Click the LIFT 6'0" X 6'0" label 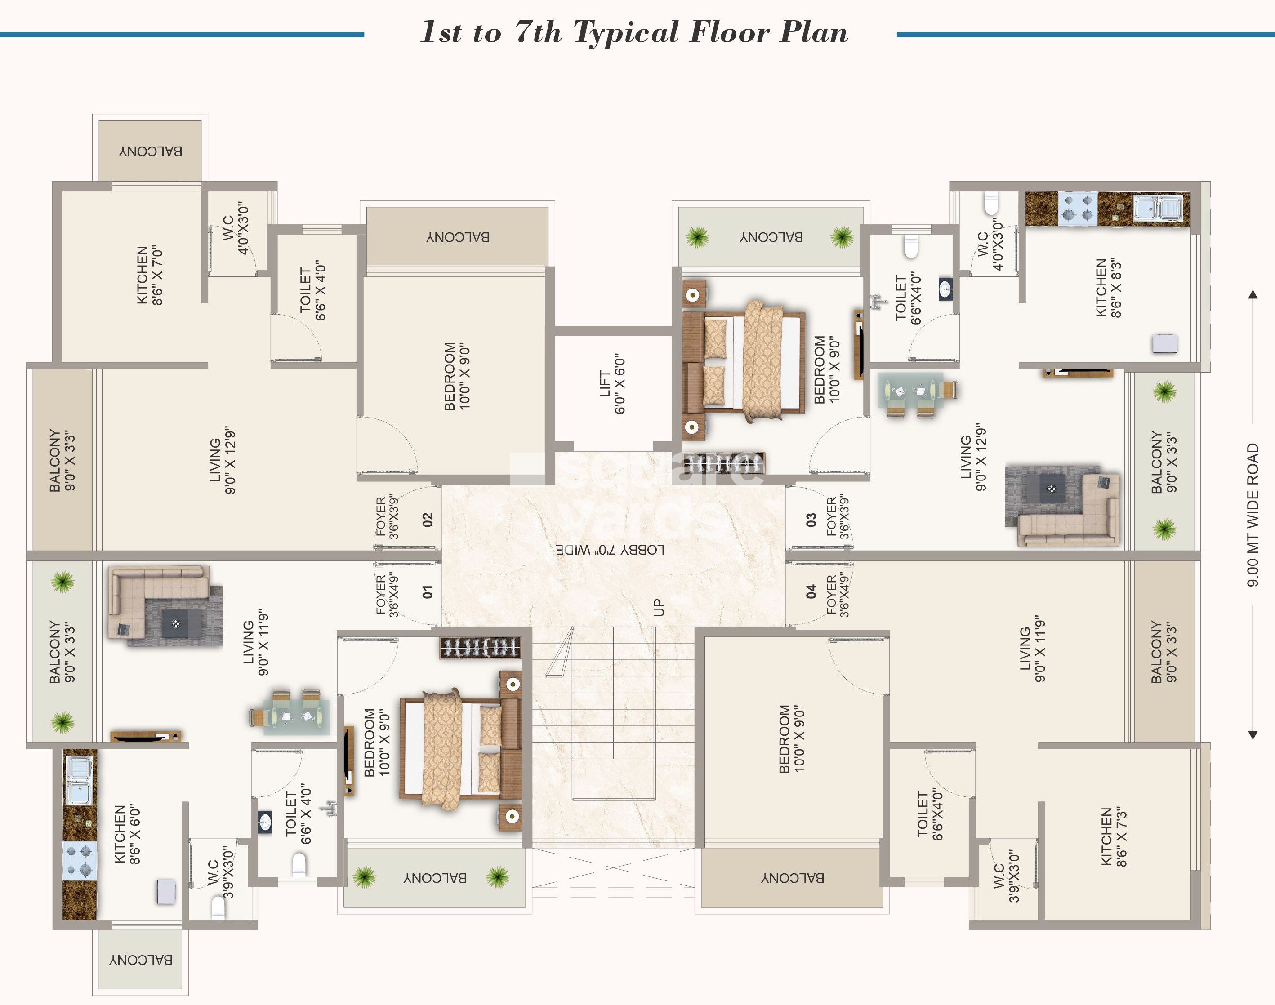(612, 384)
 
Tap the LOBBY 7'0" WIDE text (610, 550)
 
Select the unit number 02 (428, 519)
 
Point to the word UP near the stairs (659, 607)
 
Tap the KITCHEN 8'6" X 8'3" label (1108, 288)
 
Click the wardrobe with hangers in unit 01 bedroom (480, 647)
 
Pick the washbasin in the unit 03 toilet (945, 289)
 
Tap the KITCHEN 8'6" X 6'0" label (127, 834)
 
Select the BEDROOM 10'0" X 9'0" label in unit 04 (792, 738)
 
